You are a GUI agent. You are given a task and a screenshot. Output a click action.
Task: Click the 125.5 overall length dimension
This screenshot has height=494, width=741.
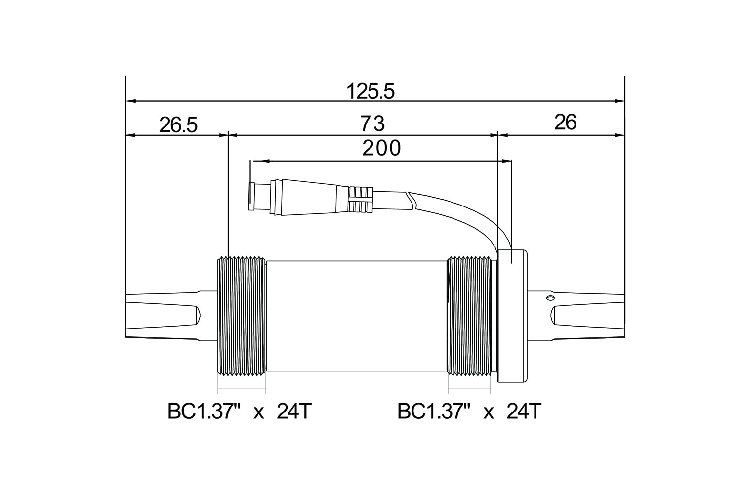coord(370,91)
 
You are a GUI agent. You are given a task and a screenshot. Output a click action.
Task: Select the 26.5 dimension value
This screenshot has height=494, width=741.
coord(178,125)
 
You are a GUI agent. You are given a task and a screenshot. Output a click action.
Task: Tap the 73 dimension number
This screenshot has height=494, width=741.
coord(372,123)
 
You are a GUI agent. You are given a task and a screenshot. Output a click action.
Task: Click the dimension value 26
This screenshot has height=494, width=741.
coord(565,123)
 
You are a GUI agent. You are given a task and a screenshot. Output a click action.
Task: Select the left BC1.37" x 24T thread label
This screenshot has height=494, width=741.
coord(240,412)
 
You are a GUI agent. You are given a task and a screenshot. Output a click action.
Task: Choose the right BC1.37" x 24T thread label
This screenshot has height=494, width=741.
coord(469,412)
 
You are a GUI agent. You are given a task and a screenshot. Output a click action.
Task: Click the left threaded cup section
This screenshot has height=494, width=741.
coord(242,317)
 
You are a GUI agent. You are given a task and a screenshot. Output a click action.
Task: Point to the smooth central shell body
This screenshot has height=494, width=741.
coord(357,316)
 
